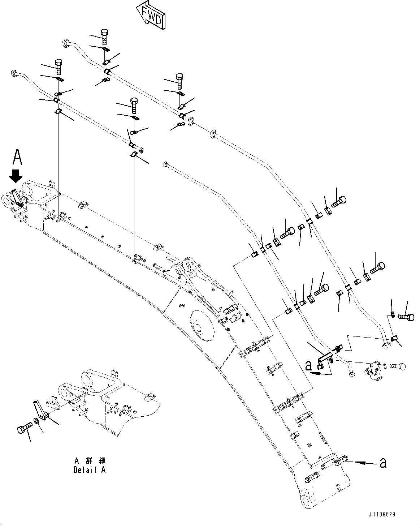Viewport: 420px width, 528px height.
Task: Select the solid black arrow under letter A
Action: point(16,176)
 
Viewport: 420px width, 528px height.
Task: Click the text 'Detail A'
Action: point(90,470)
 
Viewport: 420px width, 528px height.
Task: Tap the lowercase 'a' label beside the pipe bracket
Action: point(308,366)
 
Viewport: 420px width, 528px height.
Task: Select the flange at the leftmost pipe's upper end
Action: point(15,73)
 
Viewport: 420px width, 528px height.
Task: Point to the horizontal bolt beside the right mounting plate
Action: point(397,367)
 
